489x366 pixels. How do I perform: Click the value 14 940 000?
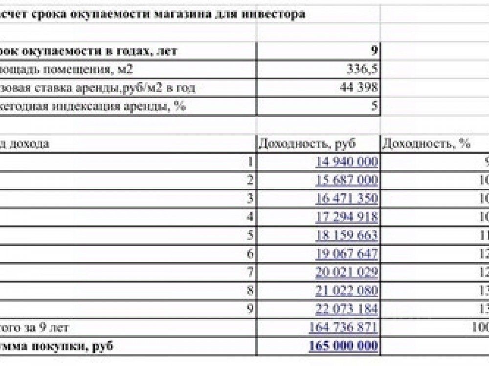coord(347,162)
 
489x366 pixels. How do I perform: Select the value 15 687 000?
coord(347,180)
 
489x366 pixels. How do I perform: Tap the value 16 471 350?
coord(347,199)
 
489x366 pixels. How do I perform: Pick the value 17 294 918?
coord(347,217)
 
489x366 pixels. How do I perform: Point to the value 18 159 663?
coord(347,235)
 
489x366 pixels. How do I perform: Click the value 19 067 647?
coord(347,254)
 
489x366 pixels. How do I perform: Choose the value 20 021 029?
coord(347,272)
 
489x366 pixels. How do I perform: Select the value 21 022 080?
coord(347,291)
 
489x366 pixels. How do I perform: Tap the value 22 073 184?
coord(347,309)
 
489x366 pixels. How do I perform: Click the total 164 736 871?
coord(343,327)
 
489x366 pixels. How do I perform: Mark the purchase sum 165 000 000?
coord(343,346)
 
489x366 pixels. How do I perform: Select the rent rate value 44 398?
coord(358,87)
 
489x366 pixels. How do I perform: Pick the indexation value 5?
coord(375,106)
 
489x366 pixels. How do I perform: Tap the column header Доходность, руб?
coord(307,143)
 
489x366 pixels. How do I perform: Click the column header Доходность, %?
coord(426,143)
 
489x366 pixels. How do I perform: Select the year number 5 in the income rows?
coord(251,236)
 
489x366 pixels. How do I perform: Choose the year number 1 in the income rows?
coord(251,162)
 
